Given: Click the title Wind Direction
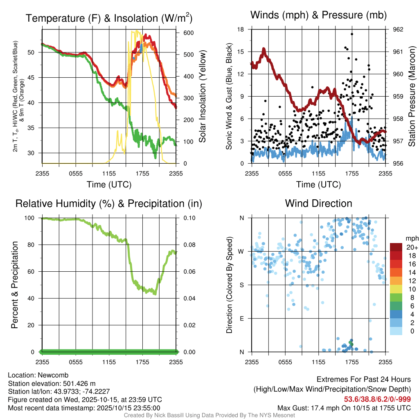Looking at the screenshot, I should click(x=318, y=203).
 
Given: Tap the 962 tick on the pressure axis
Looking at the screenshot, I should click(x=398, y=29).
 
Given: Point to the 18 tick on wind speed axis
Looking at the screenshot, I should click(x=241, y=29).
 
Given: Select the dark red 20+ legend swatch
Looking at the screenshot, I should click(x=396, y=247).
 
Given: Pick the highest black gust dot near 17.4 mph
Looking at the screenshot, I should click(x=352, y=34).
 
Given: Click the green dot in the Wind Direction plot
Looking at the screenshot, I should click(x=350, y=342).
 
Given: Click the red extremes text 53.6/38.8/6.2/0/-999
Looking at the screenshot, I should click(x=377, y=399).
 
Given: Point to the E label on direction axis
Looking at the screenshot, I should click(x=241, y=318).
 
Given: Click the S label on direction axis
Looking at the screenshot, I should click(x=241, y=285).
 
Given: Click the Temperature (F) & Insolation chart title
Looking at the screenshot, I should click(x=109, y=18).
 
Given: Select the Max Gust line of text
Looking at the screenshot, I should click(x=344, y=408).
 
